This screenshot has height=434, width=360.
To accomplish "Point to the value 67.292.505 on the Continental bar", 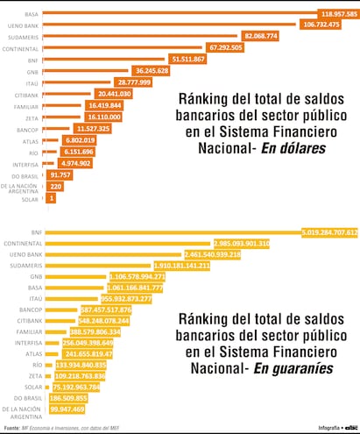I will coord(231,47).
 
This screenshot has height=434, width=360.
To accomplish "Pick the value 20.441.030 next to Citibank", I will coord(114,93).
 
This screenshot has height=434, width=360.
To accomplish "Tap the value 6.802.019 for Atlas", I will coord(80,139).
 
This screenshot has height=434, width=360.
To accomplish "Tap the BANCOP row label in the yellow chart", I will coord(25,309).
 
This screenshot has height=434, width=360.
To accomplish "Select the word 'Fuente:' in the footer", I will coord(11,428).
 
